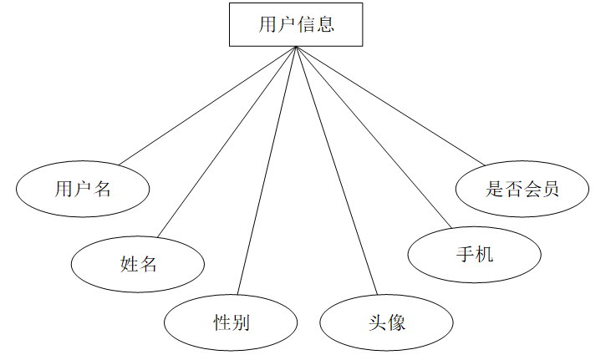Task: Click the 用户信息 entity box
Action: pos(296,24)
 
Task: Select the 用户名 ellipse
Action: pos(83,188)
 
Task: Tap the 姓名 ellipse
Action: pos(138,264)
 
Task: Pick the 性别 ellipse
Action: pos(231,322)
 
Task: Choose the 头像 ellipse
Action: pos(386,322)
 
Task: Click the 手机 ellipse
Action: pos(474,254)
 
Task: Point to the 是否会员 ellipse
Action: pos(522,188)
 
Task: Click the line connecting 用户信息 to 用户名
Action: pos(209,104)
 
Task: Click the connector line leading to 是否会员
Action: pos(389,104)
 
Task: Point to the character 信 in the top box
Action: pos(307,24)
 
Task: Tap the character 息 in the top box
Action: pos(326,24)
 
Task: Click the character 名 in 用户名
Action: pos(102,189)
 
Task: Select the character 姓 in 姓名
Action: pos(129,265)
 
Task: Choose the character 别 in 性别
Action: pos(240,322)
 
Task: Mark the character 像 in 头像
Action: pos(396,322)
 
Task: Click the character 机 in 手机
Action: pos(484,254)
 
